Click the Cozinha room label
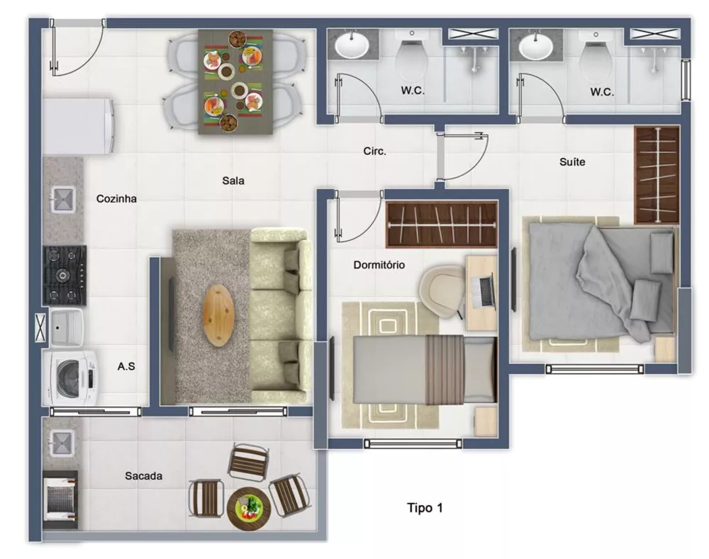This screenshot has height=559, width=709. pyautogui.click(x=116, y=199)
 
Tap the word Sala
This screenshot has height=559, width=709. pyautogui.click(x=233, y=181)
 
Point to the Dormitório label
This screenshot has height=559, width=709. pyautogui.click(x=379, y=265)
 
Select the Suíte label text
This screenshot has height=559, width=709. pyautogui.click(x=572, y=162)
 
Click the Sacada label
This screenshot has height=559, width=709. pyautogui.click(x=143, y=476)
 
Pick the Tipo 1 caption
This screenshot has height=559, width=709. pyautogui.click(x=425, y=507)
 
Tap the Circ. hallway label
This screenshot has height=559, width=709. pyautogui.click(x=374, y=151)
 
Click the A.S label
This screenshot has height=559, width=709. pyautogui.click(x=126, y=366)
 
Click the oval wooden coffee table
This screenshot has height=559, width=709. pyautogui.click(x=218, y=314)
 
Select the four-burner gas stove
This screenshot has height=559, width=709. pyautogui.click(x=65, y=276)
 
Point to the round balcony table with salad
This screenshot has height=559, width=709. pyautogui.click(x=249, y=508)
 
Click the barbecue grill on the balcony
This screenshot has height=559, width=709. pyautogui.click(x=60, y=497)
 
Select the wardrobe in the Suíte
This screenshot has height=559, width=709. pyautogui.click(x=656, y=175)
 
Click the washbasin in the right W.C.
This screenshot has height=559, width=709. pyautogui.click(x=535, y=47)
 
